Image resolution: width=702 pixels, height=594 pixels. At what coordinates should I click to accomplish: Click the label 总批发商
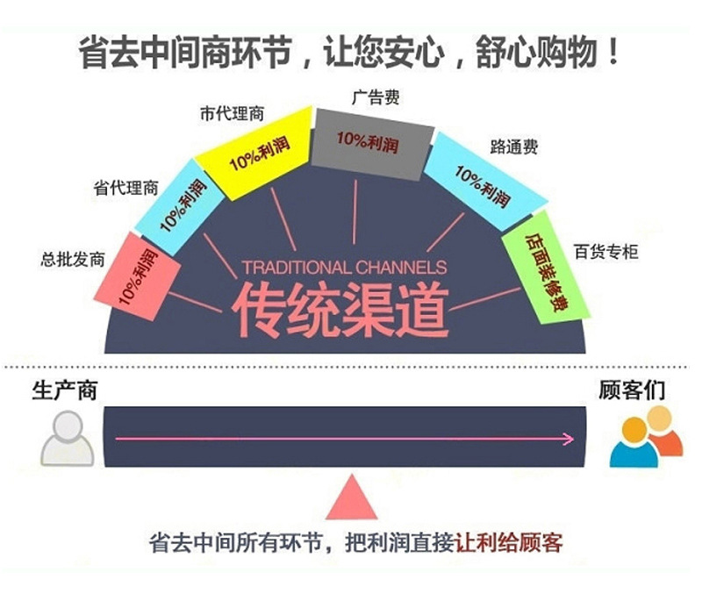(73, 260)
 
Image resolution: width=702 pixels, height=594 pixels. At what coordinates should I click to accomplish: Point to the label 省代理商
(126, 188)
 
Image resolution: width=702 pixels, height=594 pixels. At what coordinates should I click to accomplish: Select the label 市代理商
(232, 114)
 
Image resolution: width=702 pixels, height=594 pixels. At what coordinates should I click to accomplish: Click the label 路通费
(514, 147)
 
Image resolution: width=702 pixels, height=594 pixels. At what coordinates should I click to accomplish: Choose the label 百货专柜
(605, 253)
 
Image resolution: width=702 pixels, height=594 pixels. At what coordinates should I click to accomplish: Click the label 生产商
(64, 390)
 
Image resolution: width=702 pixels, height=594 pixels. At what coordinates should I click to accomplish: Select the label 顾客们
(632, 390)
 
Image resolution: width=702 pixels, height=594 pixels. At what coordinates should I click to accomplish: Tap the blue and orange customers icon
(646, 441)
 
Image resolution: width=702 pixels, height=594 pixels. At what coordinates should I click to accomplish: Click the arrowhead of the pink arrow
(569, 439)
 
